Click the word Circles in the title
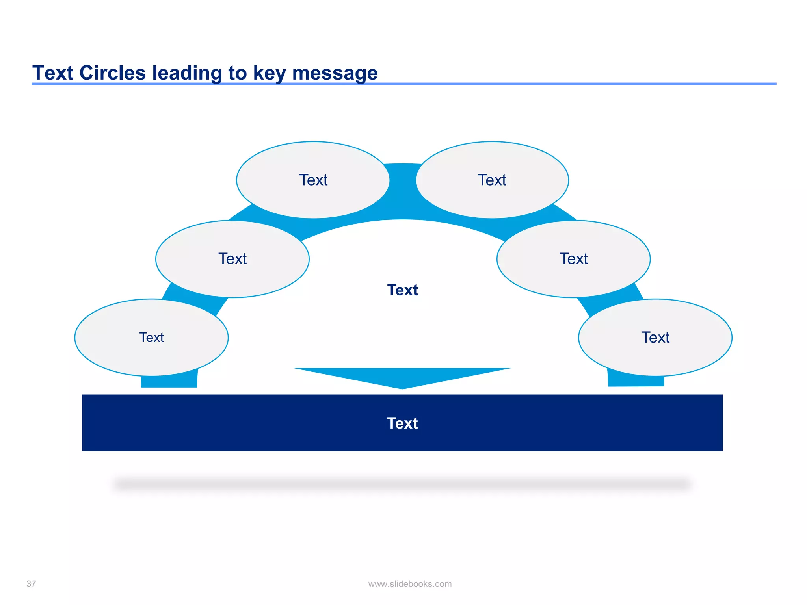(x=112, y=73)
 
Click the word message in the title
(x=335, y=74)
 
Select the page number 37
(x=31, y=584)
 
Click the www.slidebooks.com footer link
(x=410, y=584)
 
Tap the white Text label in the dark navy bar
(x=402, y=423)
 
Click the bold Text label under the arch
(x=402, y=290)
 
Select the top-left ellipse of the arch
(x=313, y=180)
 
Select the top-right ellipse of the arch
(x=492, y=180)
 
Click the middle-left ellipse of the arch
(x=232, y=259)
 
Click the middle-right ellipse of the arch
(x=574, y=259)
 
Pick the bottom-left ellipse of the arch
(x=152, y=338)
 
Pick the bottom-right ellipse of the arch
(x=655, y=338)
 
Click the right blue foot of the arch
(x=636, y=380)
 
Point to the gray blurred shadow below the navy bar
(x=402, y=484)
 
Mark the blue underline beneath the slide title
(x=552, y=84)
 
